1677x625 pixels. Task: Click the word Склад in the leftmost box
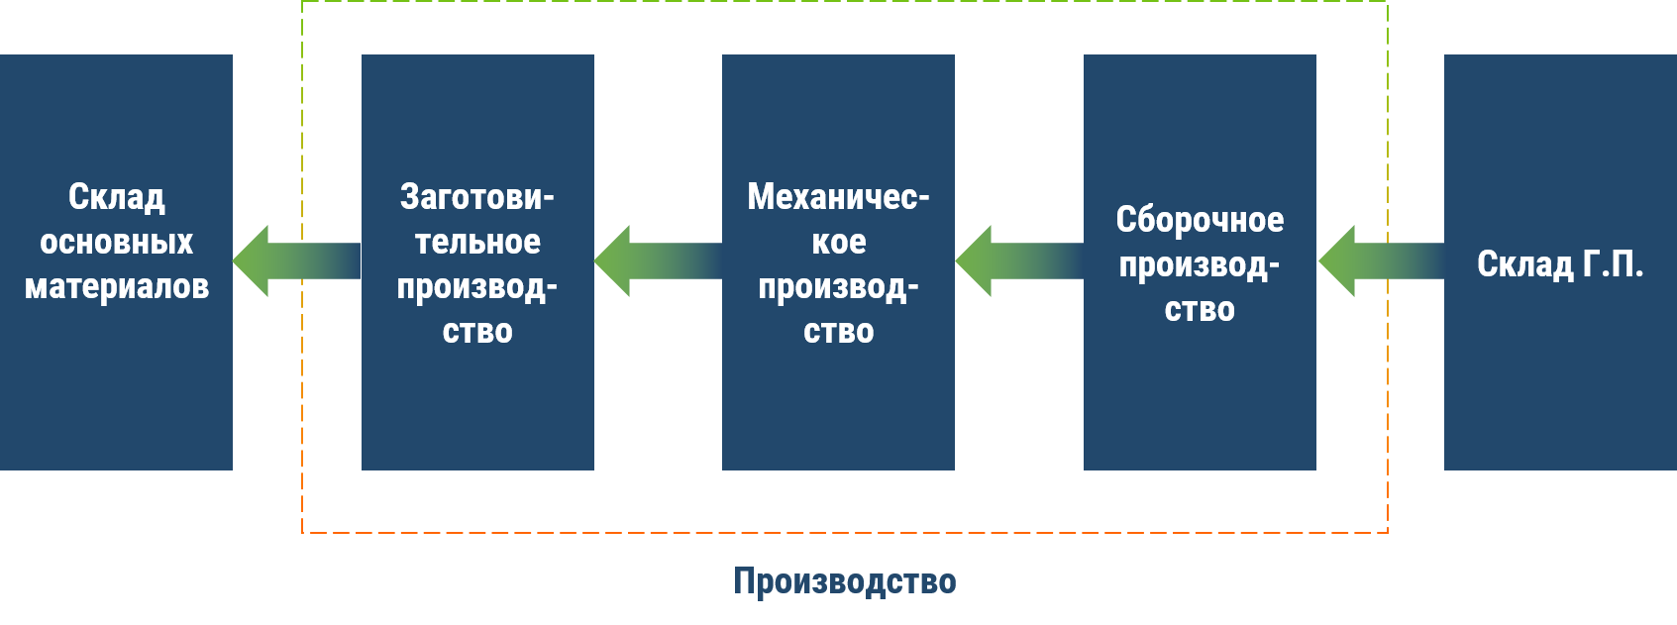coord(117,197)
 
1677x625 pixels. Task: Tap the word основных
coord(117,243)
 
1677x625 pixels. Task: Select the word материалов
coord(117,287)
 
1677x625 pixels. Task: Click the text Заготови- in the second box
coord(477,197)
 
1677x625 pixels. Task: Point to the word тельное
coord(477,243)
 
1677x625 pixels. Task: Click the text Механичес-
coord(838,197)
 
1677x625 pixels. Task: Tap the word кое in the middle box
coord(838,243)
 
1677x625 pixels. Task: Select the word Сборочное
coord(1200,220)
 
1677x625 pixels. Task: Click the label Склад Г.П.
coord(1560,264)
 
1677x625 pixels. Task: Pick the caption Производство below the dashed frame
coord(845,581)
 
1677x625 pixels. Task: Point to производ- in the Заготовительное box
coord(477,288)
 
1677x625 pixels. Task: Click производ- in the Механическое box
coord(838,288)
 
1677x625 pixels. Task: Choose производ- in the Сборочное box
coord(1200,265)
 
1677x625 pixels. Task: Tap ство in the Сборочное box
coord(1200,310)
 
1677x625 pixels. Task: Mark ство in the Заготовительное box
coord(477,332)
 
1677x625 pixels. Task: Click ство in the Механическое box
coord(838,332)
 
